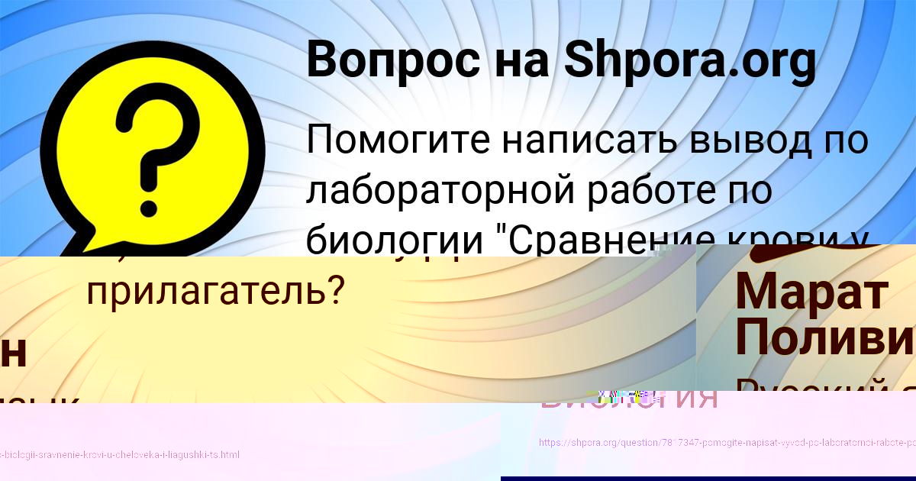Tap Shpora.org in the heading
[x=690, y=61]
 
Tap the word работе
[x=642, y=191]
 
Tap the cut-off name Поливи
[x=824, y=336]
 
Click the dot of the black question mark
[x=149, y=182]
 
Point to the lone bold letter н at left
[x=14, y=351]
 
